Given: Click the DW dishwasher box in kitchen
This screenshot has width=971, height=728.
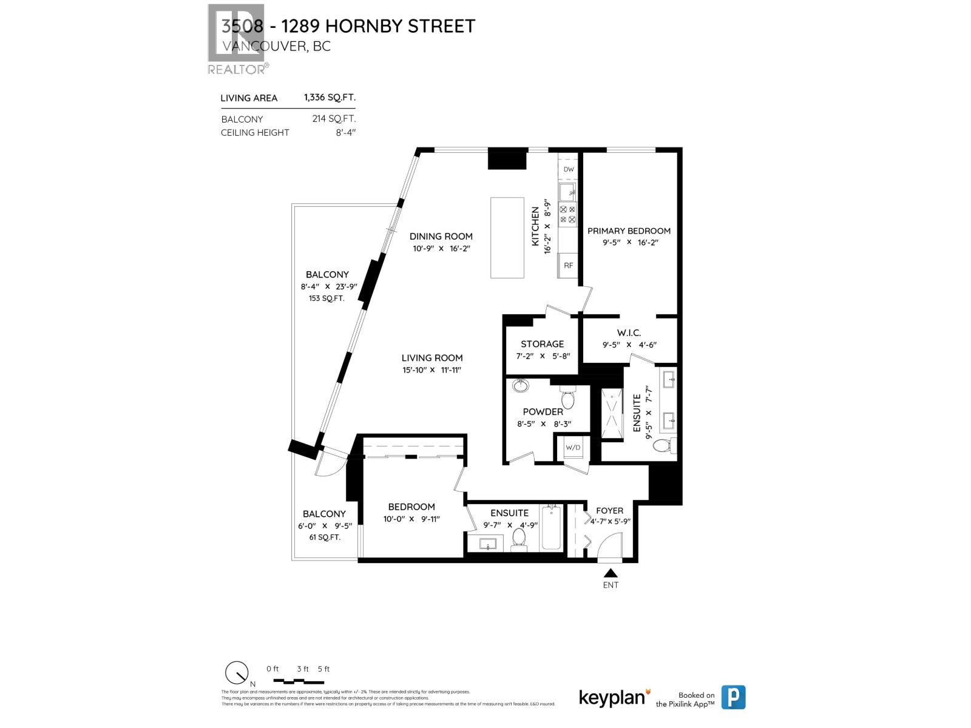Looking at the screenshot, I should (568, 169).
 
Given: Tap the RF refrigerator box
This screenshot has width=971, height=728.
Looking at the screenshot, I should (568, 265).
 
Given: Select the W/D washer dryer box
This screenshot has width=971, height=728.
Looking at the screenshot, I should (573, 448).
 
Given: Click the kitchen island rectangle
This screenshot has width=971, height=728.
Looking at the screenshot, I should (507, 238).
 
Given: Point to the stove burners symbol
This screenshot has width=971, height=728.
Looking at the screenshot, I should (568, 214).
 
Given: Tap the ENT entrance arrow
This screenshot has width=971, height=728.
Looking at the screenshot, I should (611, 573).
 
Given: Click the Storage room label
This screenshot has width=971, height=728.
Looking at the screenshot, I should (542, 344).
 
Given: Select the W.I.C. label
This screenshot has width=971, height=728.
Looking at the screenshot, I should (629, 332).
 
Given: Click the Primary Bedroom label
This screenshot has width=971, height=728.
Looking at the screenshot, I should (629, 231).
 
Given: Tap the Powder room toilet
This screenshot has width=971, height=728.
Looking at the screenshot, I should (567, 399).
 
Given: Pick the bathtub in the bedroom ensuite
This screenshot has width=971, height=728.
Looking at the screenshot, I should (552, 528).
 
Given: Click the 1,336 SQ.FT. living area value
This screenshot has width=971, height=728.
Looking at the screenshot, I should (330, 97).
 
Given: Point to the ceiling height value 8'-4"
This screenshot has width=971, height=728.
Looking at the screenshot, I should (345, 132).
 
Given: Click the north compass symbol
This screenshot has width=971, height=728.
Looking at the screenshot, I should (237, 673).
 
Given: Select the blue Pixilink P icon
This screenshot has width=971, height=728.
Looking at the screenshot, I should (733, 697).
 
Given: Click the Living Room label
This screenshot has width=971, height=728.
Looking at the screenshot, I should (432, 358).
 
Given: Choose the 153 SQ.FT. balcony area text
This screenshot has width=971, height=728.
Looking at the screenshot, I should (326, 298).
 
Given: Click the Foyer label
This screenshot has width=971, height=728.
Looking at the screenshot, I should (609, 511).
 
